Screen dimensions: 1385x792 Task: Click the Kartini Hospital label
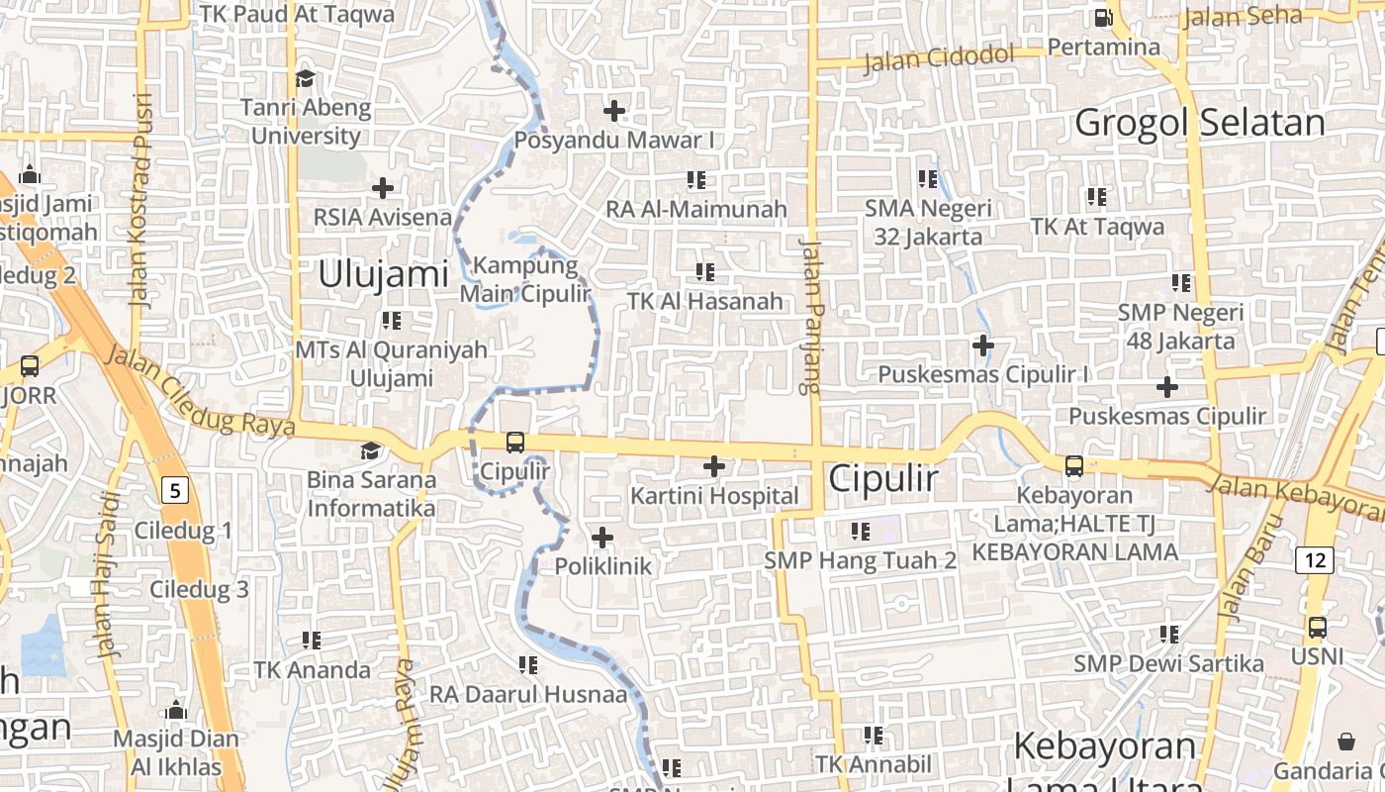pos(715,496)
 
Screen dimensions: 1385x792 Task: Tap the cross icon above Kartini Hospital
pos(714,466)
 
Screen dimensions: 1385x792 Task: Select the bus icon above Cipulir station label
pos(515,443)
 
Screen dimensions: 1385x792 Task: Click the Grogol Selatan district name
pos(1199,124)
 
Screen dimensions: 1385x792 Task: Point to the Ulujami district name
pos(384,274)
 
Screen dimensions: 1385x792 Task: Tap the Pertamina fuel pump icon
pos(1103,18)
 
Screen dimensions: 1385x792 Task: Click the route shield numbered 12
pos(1315,560)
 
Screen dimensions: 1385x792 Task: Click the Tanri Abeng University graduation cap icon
pos(305,78)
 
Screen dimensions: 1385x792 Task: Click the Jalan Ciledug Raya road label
pos(199,391)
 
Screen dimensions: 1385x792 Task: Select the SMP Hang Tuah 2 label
pos(861,560)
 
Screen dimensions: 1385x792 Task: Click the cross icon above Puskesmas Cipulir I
pos(982,346)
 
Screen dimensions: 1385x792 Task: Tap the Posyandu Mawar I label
pos(614,141)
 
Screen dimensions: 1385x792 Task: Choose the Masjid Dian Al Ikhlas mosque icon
pos(176,710)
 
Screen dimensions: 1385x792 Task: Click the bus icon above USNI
pos(1317,628)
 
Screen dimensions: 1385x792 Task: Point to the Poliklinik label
pos(603,566)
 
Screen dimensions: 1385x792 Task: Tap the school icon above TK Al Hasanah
pos(705,271)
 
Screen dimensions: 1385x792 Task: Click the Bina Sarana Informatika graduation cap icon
pos(370,451)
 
